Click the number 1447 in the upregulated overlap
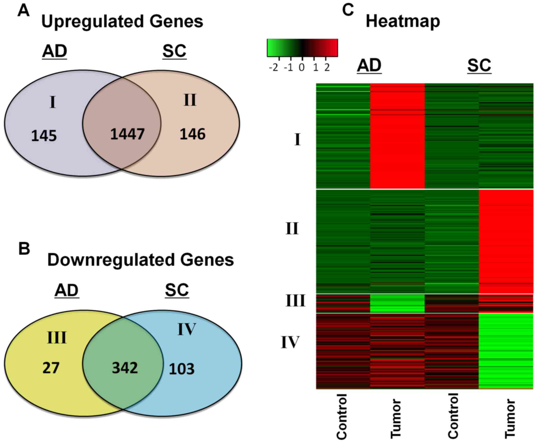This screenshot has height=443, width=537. coord(127,134)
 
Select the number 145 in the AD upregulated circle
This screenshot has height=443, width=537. coord(44,136)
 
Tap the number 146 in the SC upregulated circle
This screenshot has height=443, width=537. coord(192,134)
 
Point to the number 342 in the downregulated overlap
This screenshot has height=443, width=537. coord(125,368)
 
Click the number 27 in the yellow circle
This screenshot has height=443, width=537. coord(51,368)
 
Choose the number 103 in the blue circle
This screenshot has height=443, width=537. coord(182,369)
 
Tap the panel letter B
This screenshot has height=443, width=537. coord(24,249)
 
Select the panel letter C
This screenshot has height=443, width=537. coord(348,10)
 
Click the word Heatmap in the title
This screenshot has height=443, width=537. coord(403,21)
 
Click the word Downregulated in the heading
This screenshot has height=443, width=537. coord(111,260)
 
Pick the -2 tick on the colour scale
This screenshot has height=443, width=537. coord(274,68)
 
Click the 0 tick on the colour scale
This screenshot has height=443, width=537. coord(302,68)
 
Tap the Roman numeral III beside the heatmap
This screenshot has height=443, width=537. coord(295,301)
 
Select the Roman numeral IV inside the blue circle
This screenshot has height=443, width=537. coord(187,329)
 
